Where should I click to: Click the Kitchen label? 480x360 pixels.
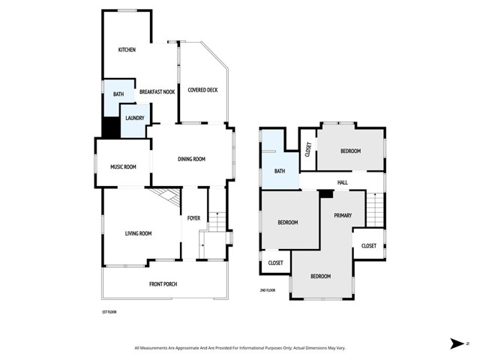127,49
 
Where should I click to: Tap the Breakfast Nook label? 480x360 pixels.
157,91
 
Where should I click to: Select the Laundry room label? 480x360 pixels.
135,118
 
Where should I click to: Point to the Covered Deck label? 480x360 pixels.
202,90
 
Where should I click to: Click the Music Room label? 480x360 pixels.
123,166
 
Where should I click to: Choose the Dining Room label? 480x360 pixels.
191,159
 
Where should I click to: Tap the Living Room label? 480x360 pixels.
138,233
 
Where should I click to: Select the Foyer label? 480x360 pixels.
193,219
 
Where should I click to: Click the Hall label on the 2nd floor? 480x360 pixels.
342,181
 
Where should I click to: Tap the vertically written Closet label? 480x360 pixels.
307,149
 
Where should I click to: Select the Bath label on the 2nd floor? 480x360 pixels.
280,171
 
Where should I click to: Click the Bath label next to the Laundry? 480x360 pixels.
118,94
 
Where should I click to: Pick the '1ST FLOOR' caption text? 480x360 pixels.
109,311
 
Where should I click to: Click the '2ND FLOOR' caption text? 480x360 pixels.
268,289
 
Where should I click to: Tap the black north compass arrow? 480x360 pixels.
456,343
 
